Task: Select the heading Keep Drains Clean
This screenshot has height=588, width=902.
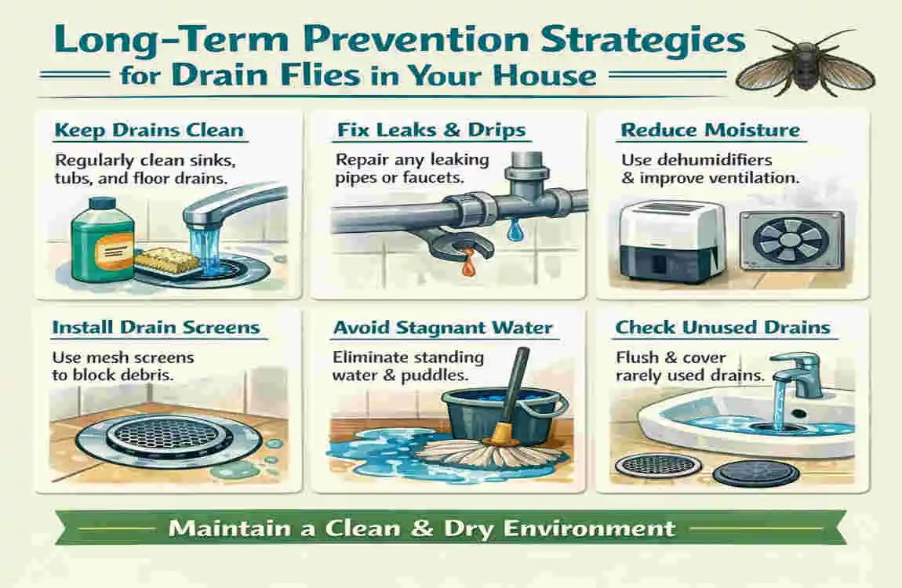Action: (x=150, y=129)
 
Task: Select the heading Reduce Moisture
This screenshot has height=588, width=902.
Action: (x=710, y=129)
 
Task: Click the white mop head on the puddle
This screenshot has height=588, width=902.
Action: (x=471, y=453)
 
